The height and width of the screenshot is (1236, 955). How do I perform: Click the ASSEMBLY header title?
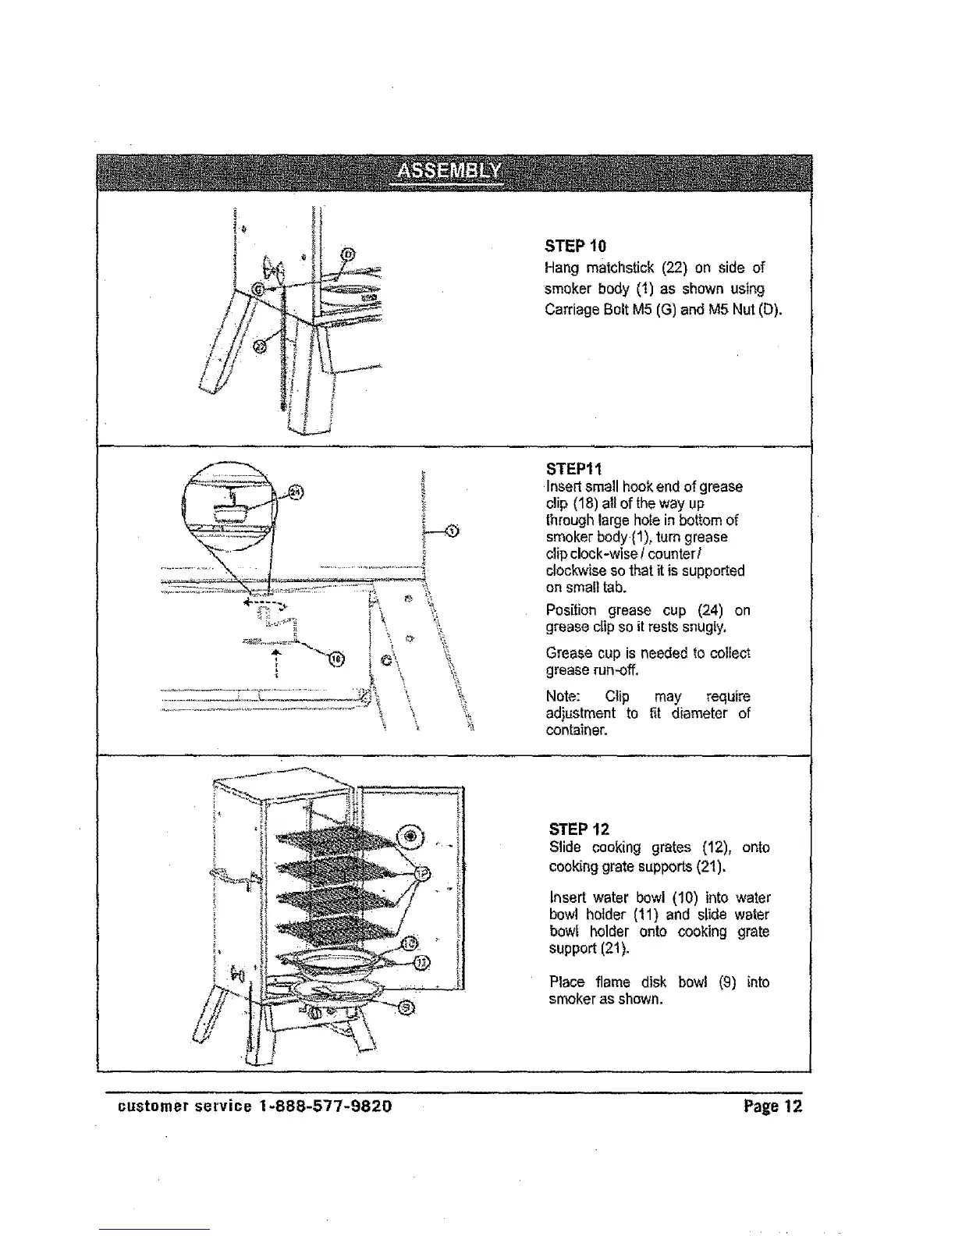[449, 172]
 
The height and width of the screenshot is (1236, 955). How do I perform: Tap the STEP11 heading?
[573, 470]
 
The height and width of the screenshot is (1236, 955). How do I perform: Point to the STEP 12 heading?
[579, 829]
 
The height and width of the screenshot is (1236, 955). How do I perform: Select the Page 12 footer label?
[773, 1106]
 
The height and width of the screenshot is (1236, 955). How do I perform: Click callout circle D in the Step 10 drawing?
[349, 253]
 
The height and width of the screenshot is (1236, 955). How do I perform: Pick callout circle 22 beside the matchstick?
[261, 344]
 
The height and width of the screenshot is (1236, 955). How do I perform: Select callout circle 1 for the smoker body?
[451, 532]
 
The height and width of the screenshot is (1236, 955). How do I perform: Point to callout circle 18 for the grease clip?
[335, 660]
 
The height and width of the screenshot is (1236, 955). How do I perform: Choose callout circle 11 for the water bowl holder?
[421, 961]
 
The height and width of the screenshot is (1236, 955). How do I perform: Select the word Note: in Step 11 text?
[563, 696]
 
